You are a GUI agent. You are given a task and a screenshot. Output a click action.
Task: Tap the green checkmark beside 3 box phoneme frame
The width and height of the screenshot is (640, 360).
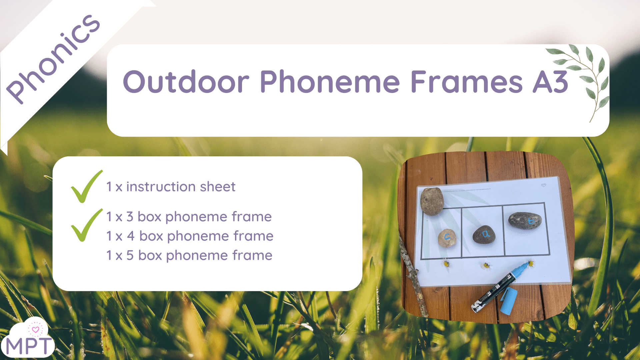pos(86,225)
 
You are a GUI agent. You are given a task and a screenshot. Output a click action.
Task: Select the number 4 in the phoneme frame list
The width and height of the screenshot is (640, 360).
pos(131,236)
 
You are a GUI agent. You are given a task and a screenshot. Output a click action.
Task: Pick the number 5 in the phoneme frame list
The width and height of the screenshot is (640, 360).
pos(130,255)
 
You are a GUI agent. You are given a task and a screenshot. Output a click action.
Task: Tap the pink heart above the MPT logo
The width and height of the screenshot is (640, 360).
pos(35,330)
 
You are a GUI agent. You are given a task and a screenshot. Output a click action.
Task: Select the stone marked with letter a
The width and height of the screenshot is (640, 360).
pos(484,235)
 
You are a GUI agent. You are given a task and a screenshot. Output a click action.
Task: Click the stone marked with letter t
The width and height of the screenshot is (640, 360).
pos(525,221)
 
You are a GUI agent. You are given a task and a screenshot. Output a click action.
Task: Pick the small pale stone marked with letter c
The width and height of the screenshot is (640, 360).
pos(447,238)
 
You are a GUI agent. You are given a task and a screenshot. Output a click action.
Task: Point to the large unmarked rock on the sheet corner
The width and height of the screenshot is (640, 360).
pos(432,201)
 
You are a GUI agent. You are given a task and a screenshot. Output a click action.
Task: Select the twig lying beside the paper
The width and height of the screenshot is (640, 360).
pos(413,280)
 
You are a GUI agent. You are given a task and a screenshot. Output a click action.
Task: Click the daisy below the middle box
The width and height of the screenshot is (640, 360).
pos(486,266)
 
